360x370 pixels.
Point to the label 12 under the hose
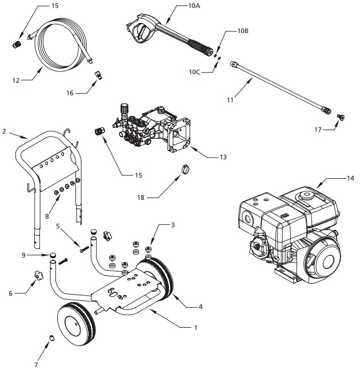(x=16, y=81)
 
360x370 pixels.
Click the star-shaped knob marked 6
(x=38, y=276)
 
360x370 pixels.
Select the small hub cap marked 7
(x=50, y=337)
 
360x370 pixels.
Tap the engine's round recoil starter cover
(x=324, y=262)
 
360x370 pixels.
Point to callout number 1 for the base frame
(x=196, y=328)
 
